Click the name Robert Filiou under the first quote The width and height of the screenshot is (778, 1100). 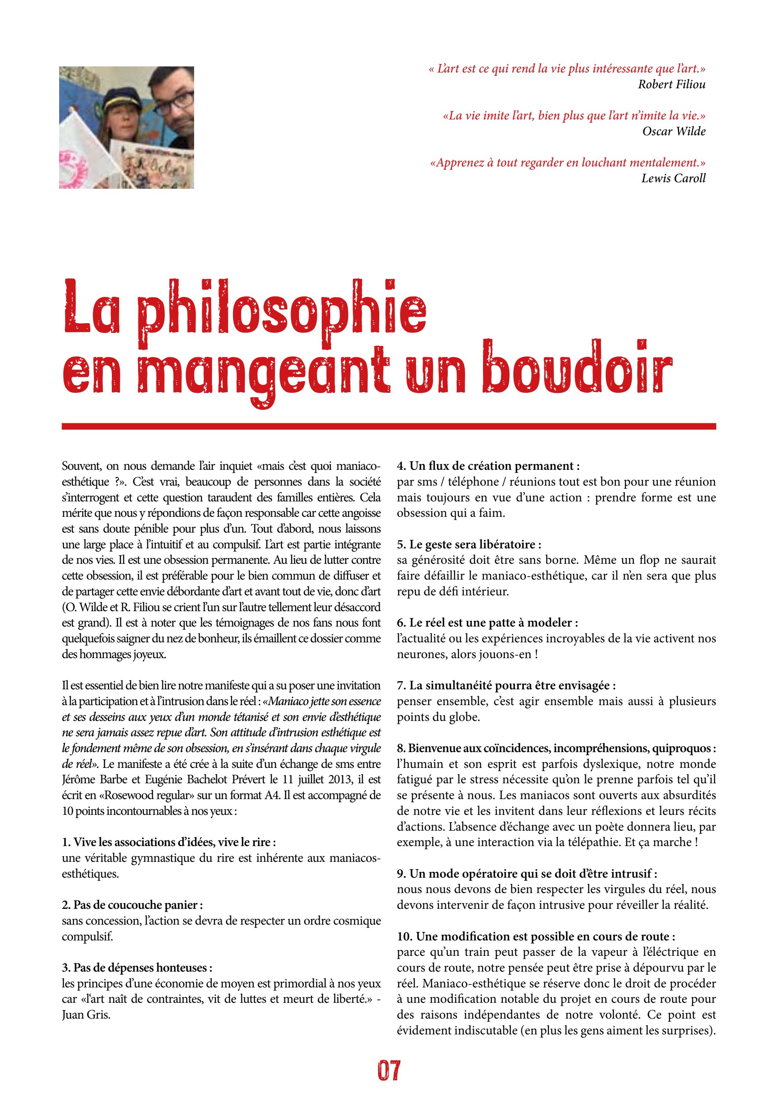click(671, 84)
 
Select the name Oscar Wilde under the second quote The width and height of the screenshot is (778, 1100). click(673, 131)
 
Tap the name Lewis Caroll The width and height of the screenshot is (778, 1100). click(673, 178)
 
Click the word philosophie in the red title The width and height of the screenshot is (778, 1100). click(282, 311)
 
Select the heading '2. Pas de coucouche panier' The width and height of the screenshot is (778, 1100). click(132, 905)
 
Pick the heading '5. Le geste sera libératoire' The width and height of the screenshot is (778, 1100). click(469, 544)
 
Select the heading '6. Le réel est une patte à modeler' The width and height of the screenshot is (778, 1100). click(487, 623)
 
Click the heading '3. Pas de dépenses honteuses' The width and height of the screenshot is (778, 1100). click(137, 968)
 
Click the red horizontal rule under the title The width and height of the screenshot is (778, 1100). click(389, 426)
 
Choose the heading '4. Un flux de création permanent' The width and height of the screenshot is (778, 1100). click(488, 466)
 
